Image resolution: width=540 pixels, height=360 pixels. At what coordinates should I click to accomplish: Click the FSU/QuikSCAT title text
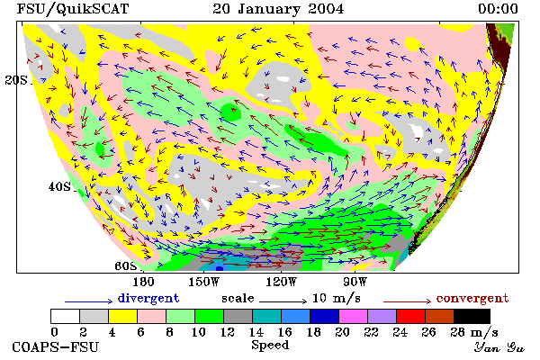click(x=73, y=9)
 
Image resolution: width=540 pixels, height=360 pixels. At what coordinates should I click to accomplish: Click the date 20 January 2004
click(x=278, y=9)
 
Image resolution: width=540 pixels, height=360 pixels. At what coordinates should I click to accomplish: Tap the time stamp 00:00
click(x=498, y=9)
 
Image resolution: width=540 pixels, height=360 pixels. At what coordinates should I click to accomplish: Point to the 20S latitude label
click(x=16, y=80)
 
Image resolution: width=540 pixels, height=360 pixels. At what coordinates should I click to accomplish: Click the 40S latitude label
click(x=59, y=186)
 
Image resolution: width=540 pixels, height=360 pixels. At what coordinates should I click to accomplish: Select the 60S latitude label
click(x=126, y=266)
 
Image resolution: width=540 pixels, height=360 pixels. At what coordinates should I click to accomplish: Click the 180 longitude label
click(x=143, y=282)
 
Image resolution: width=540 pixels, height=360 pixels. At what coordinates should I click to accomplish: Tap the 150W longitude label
click(x=204, y=282)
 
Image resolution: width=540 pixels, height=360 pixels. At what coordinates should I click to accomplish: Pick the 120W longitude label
click(x=281, y=282)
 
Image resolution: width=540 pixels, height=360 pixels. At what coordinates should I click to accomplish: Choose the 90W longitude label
click(x=355, y=282)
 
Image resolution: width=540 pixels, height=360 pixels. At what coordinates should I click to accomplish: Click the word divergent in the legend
click(x=148, y=298)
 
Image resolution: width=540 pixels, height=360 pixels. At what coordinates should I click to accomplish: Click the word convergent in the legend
click(x=472, y=298)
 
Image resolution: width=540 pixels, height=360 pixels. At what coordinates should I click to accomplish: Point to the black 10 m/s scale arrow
click(x=283, y=301)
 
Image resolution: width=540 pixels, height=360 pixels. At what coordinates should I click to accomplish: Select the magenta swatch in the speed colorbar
click(x=353, y=316)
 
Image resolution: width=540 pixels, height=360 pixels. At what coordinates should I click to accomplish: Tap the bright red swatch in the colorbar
click(x=410, y=316)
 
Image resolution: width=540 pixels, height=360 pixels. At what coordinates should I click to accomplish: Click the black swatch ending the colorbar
click(x=472, y=316)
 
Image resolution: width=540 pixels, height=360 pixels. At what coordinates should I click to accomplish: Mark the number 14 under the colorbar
click(x=256, y=332)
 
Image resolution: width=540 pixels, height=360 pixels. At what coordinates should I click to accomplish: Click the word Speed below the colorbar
click(x=270, y=346)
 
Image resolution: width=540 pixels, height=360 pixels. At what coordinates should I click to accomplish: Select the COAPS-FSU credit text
click(x=56, y=347)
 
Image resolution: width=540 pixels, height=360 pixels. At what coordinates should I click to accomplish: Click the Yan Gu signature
click(x=499, y=347)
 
